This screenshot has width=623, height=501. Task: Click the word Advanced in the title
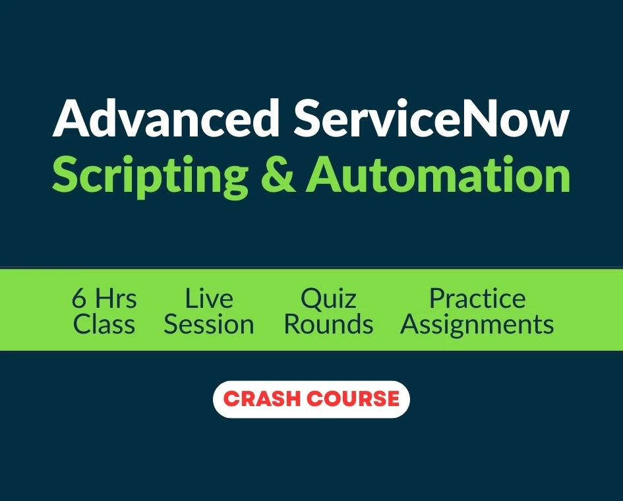(x=165, y=118)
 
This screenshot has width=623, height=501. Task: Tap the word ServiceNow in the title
(x=432, y=118)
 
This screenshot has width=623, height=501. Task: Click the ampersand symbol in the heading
(x=278, y=175)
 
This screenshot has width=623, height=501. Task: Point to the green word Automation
(x=438, y=175)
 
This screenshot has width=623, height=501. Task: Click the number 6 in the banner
(x=78, y=299)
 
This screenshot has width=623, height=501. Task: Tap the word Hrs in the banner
(x=116, y=299)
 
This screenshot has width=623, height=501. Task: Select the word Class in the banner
(x=104, y=324)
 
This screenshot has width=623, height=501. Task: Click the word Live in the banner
(x=209, y=299)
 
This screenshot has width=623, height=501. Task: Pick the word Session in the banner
(x=209, y=324)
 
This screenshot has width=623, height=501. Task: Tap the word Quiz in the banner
(x=328, y=299)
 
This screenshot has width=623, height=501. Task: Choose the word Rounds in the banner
(x=328, y=324)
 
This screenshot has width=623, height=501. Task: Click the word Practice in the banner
(x=477, y=299)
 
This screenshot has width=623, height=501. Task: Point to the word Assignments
(x=477, y=325)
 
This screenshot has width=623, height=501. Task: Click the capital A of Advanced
(x=71, y=119)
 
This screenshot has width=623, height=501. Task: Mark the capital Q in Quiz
(x=312, y=299)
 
